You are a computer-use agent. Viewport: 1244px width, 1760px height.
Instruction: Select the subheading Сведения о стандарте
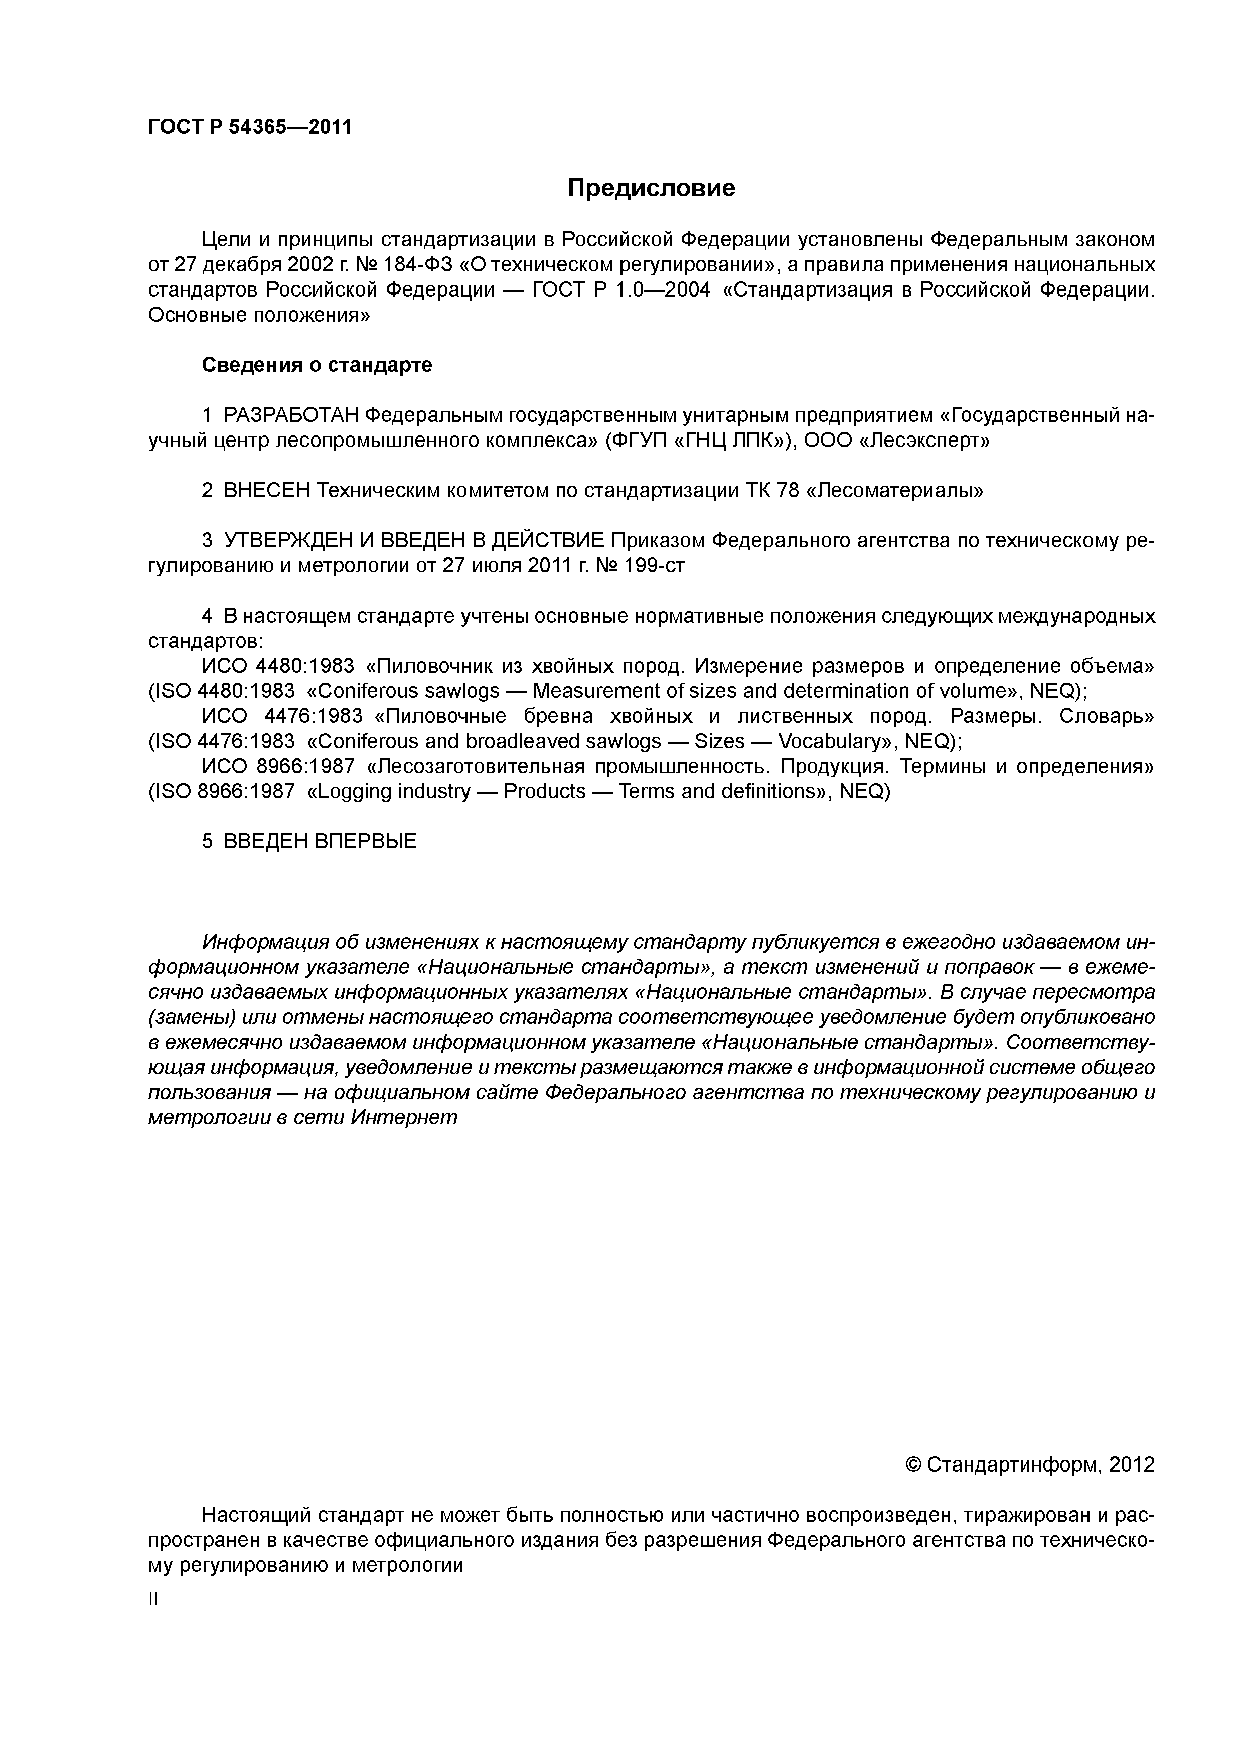point(317,365)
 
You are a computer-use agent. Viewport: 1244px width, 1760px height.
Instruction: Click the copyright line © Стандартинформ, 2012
point(1029,1465)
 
